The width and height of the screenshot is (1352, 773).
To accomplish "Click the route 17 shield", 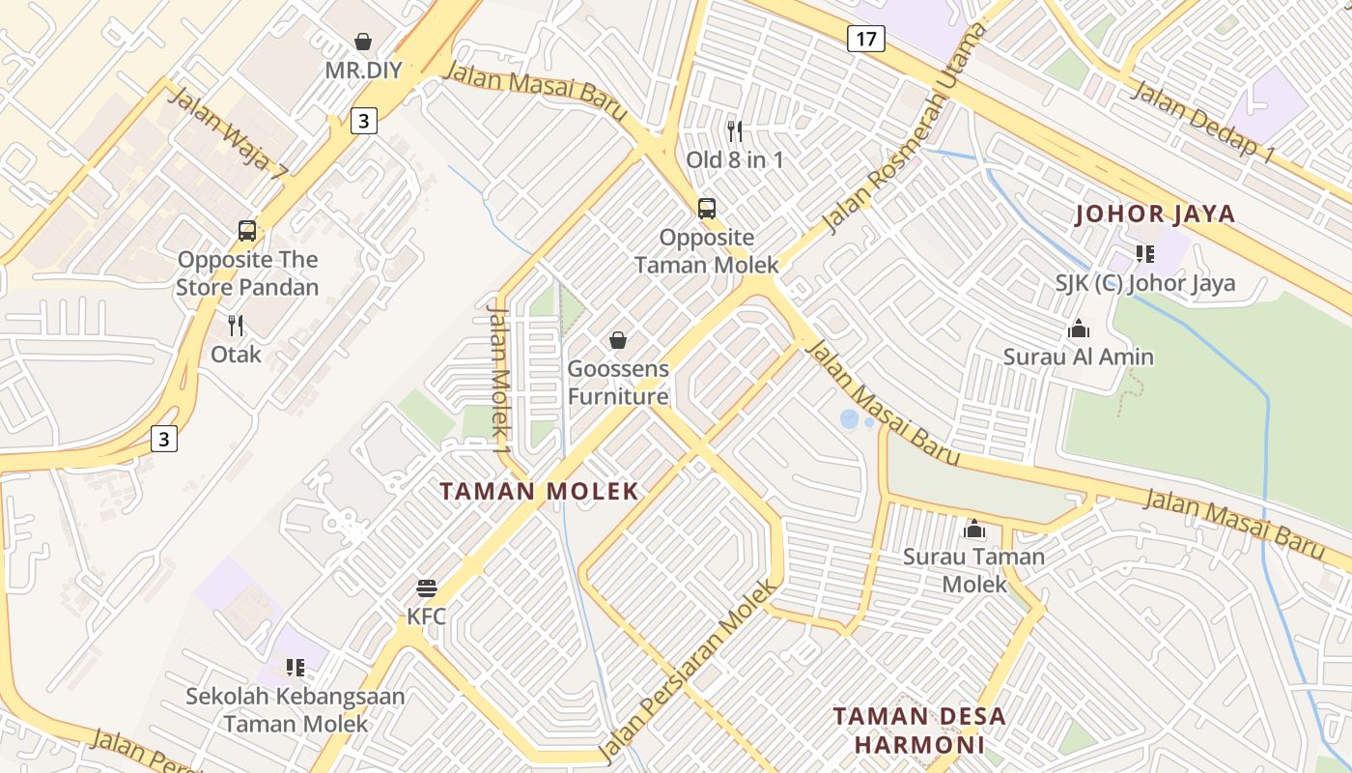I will [x=865, y=39].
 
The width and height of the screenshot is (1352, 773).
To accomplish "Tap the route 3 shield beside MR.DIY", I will [x=362, y=121].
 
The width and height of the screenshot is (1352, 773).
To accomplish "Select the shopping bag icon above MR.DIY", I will [x=363, y=42].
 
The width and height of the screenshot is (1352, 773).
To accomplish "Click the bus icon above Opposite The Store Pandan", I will [x=247, y=231].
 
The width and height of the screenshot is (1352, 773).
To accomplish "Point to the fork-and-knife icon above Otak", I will [x=236, y=325].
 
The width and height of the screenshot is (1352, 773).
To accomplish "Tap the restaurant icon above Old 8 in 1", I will [x=735, y=130].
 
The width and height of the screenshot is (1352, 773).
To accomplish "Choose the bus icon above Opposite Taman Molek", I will [x=707, y=208].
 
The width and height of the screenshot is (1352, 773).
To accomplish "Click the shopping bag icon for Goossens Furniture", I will [x=618, y=340].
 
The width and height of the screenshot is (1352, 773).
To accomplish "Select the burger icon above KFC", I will [x=427, y=587].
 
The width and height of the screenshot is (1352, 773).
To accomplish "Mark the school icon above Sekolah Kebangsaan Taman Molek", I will [x=296, y=667].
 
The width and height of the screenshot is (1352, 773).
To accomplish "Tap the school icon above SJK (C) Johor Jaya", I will [x=1145, y=254].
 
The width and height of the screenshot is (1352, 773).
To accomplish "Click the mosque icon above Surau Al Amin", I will [x=1079, y=329].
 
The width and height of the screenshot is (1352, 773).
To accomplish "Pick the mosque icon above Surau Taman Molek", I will [x=973, y=529].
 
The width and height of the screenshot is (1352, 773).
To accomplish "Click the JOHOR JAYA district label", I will [x=1155, y=214].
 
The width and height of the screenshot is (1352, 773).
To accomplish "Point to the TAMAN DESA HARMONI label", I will [x=919, y=730].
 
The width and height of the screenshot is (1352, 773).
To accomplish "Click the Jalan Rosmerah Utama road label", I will [x=905, y=129].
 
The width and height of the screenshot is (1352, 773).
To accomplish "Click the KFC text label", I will [x=426, y=616].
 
